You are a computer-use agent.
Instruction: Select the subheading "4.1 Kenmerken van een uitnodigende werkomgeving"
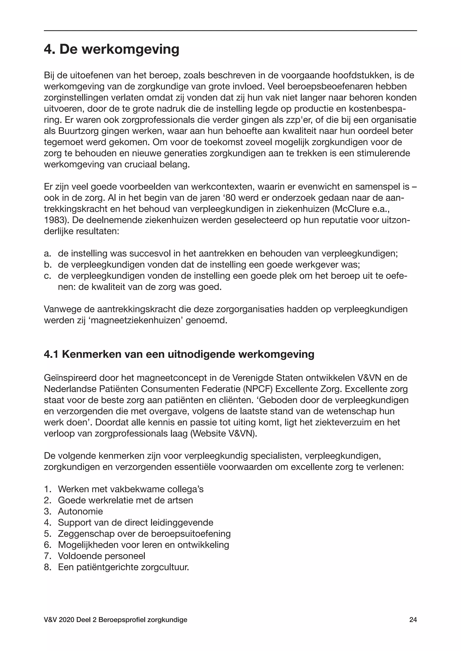click(x=179, y=355)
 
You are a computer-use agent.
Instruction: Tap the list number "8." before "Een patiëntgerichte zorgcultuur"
click(x=47, y=567)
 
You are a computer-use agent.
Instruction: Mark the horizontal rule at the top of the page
click(x=230, y=31)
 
